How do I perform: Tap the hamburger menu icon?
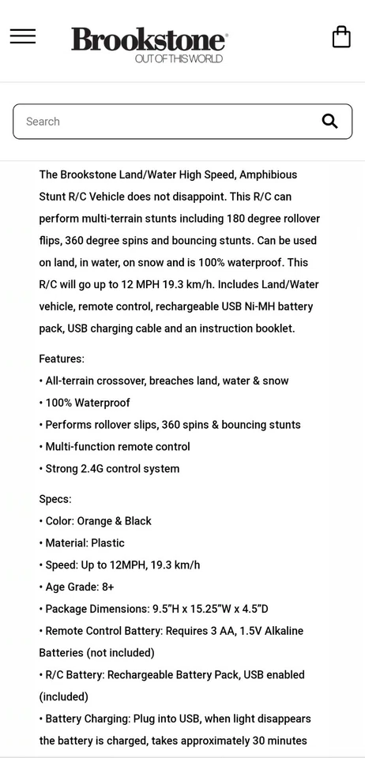(x=23, y=36)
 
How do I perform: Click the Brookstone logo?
(x=149, y=39)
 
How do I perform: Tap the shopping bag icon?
(x=341, y=37)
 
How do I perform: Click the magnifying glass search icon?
(x=329, y=121)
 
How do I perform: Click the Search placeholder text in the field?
(x=43, y=122)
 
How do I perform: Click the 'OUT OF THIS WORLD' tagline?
(x=179, y=58)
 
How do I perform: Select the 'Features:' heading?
(x=62, y=358)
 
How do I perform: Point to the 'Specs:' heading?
(x=55, y=499)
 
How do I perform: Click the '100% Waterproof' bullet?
(x=87, y=403)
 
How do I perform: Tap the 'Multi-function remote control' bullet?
(x=117, y=447)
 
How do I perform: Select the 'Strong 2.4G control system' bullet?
(x=111, y=469)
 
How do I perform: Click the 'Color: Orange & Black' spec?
(x=98, y=521)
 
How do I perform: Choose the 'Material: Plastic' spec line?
(x=85, y=543)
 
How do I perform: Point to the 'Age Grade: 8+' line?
(x=79, y=587)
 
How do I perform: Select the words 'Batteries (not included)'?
(x=96, y=653)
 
